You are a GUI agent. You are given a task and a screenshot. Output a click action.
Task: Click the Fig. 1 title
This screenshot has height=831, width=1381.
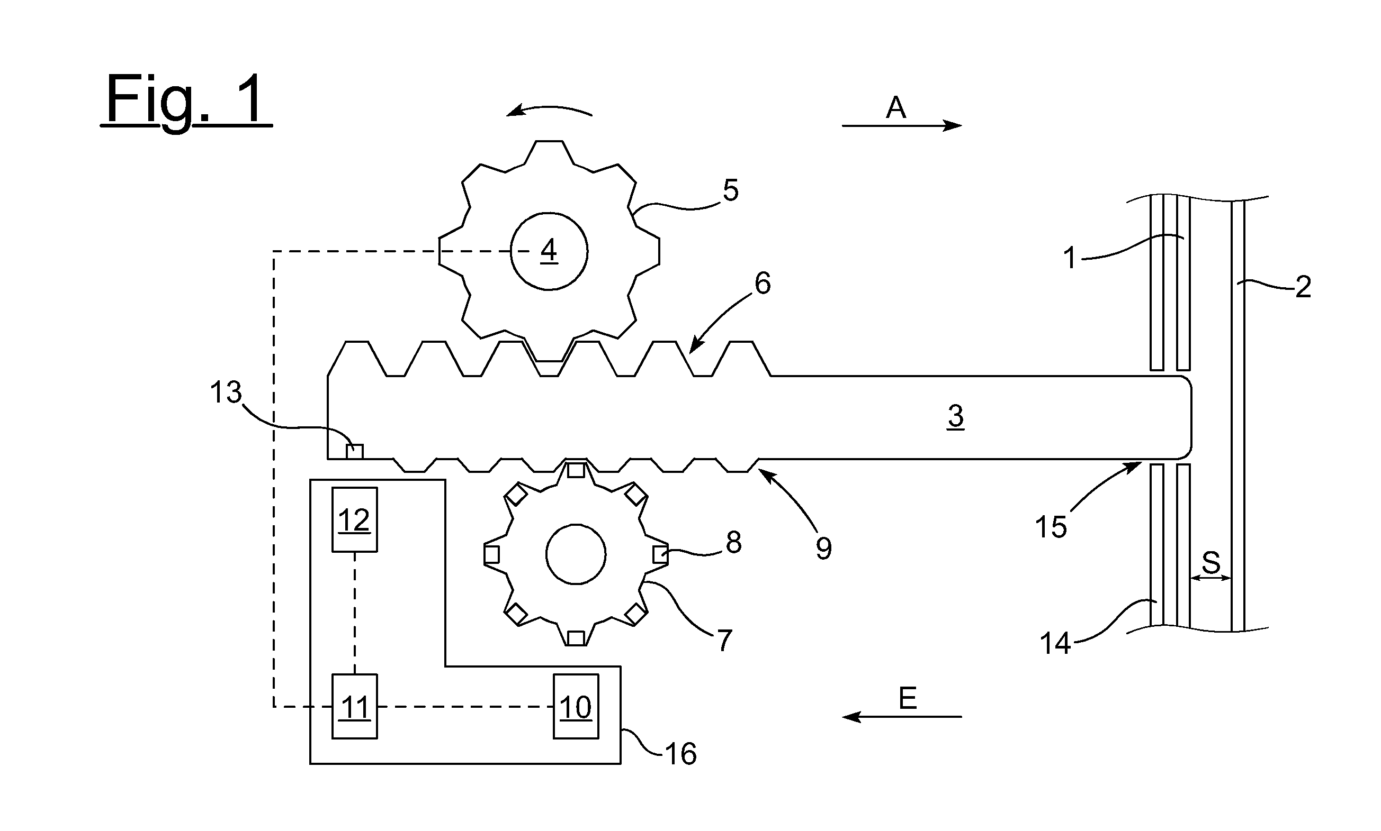tap(186, 101)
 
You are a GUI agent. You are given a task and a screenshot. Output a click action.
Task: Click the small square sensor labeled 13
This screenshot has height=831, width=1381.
tap(354, 451)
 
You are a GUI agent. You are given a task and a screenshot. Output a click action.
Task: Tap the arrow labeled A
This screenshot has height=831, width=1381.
tap(902, 126)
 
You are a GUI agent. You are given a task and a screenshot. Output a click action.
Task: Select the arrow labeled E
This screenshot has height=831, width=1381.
tap(902, 717)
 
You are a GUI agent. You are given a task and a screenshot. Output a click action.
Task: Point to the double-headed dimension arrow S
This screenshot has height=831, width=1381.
tap(1210, 579)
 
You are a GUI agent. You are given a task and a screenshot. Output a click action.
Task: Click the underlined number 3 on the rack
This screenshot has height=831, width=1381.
tap(956, 416)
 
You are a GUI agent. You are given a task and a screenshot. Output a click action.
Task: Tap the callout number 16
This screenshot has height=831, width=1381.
tap(680, 754)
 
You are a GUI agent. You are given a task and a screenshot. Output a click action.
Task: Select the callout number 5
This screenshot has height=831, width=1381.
tap(731, 190)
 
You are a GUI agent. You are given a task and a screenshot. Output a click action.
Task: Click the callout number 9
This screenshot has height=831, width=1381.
tap(823, 548)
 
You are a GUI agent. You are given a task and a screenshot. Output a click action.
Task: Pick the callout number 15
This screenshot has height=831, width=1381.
tap(1051, 527)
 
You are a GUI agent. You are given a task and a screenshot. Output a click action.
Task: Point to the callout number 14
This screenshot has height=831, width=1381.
tap(1055, 643)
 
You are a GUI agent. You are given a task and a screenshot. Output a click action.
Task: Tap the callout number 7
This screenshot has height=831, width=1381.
tap(725, 641)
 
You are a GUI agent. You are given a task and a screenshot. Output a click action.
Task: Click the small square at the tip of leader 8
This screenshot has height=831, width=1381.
tap(660, 554)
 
